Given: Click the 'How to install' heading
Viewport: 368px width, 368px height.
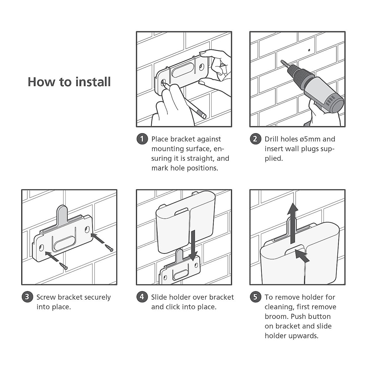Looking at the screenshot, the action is click(69, 82).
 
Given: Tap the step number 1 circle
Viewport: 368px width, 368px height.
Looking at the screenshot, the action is click(142, 139).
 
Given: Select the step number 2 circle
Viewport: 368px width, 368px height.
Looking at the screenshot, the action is click(255, 139).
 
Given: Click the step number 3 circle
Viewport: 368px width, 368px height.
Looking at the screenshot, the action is click(27, 297).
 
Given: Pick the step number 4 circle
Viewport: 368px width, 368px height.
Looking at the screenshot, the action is click(142, 297).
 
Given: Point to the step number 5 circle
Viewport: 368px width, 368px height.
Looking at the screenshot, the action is click(255, 297).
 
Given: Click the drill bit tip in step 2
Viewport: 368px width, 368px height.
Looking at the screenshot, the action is click(281, 61).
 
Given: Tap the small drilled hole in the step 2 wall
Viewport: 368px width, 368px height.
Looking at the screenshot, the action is click(309, 50).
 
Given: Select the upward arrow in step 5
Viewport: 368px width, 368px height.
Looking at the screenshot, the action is click(293, 223).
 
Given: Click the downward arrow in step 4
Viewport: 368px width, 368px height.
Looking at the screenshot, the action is click(193, 246).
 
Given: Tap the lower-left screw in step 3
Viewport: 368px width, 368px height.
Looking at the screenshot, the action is click(63, 266).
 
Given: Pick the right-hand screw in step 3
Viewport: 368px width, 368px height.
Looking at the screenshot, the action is click(109, 248).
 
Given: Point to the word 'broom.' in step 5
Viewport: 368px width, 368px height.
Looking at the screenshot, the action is click(277, 316).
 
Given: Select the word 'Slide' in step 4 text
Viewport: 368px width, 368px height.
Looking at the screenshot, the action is click(159, 297).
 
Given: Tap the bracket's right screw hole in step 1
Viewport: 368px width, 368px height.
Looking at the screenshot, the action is click(201, 67).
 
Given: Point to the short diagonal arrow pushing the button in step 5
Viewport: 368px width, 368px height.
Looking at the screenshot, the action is click(302, 256).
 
